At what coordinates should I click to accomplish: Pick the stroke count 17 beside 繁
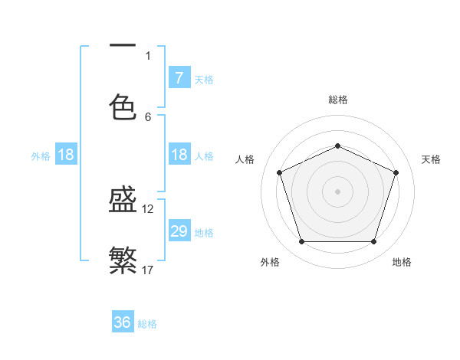(148, 269)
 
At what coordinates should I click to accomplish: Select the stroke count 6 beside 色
(148, 116)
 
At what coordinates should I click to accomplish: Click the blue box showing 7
(179, 77)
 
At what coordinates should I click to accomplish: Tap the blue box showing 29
(179, 231)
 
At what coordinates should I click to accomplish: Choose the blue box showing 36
(123, 322)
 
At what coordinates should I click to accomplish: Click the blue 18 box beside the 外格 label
(66, 155)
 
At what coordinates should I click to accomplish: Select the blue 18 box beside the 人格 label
(179, 155)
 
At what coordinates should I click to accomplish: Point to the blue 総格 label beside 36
(147, 324)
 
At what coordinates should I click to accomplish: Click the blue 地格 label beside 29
(204, 232)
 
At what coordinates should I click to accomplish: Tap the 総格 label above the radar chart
(337, 100)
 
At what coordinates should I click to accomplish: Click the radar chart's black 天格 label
(431, 159)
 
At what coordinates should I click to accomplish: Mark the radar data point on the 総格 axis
(337, 146)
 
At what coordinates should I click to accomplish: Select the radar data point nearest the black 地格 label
(373, 241)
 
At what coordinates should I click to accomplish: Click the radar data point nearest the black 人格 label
(279, 172)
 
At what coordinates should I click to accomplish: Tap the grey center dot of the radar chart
(337, 191)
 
